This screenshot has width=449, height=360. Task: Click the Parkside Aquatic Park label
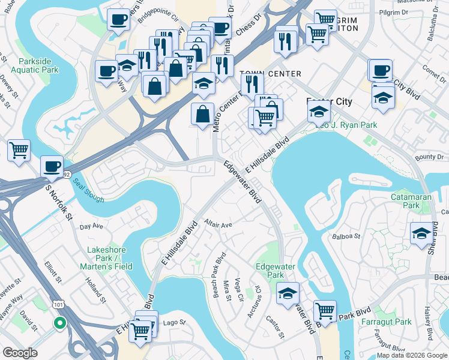[x=38, y=65]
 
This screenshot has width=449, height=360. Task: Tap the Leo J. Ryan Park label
[x=337, y=125]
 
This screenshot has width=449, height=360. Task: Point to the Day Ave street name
[x=92, y=226]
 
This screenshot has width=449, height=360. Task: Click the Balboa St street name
[x=346, y=236]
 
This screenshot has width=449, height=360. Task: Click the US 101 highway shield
[x=58, y=304]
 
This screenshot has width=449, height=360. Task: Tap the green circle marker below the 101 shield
[x=59, y=323]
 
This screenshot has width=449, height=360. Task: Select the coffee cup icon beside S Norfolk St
[x=52, y=166]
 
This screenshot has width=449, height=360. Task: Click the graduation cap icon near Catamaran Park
[x=421, y=233]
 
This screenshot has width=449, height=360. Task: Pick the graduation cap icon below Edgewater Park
[x=288, y=292]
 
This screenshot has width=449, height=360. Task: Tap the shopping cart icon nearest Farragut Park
[x=324, y=311]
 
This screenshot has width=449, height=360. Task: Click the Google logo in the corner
[x=20, y=353]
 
